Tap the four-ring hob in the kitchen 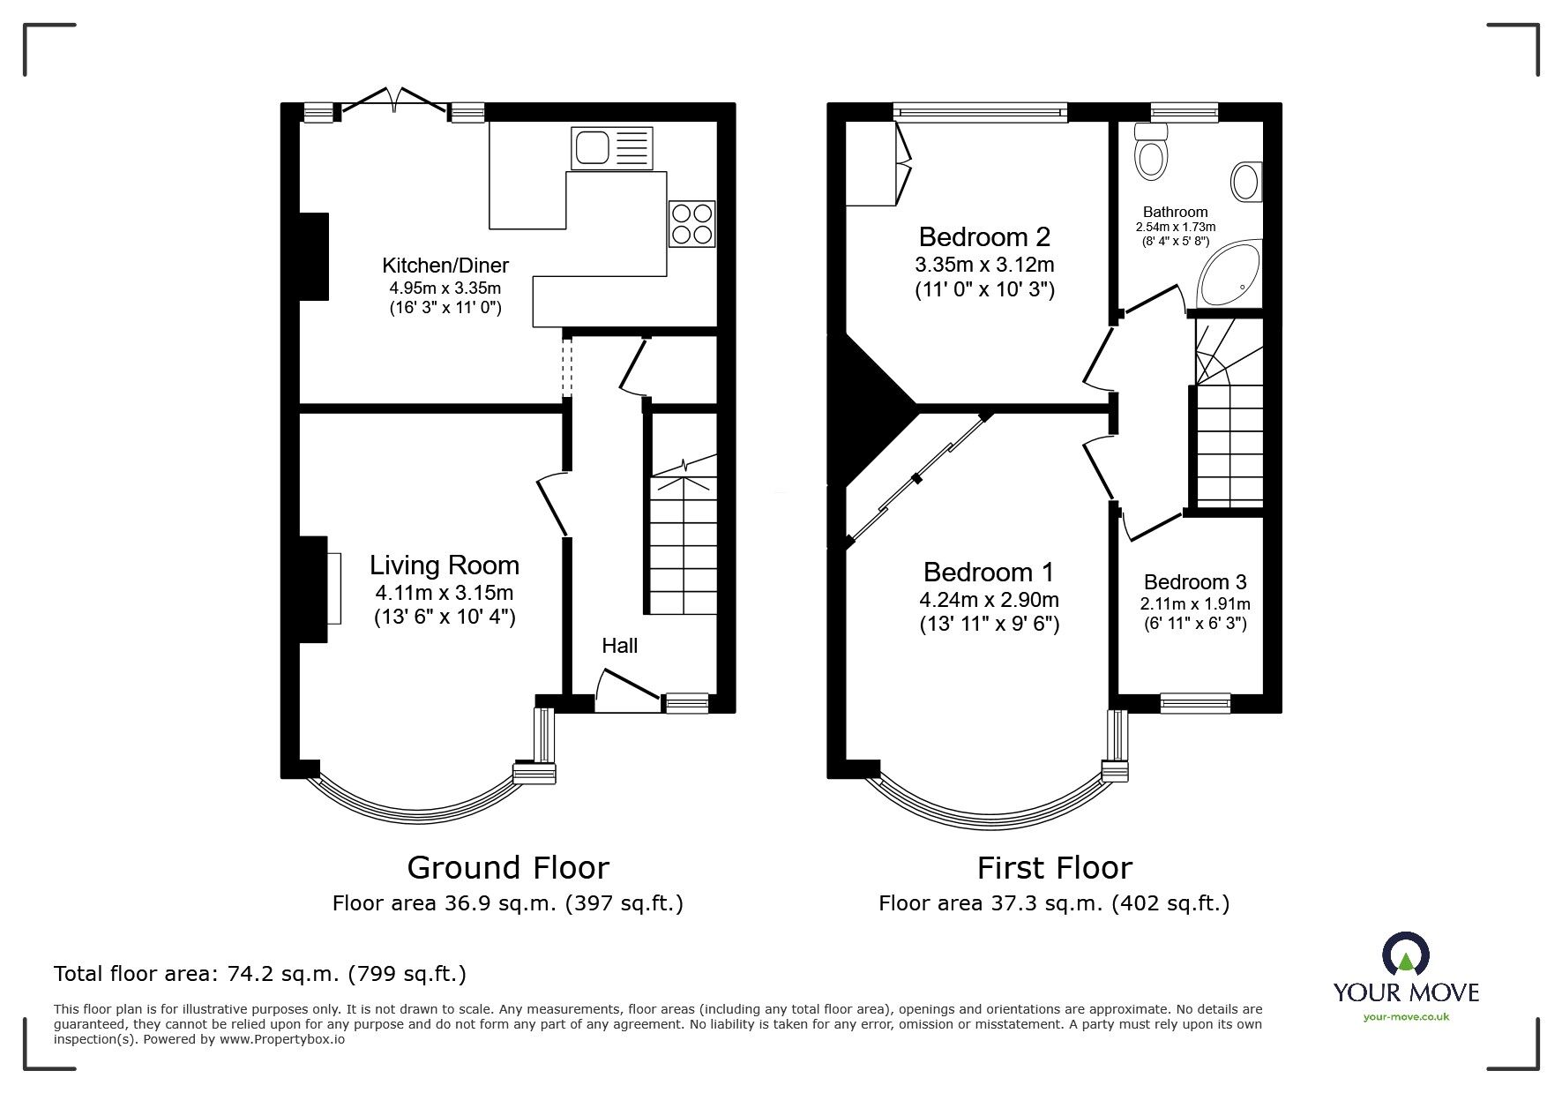click(x=691, y=224)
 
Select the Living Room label click(x=444, y=565)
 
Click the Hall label click(x=619, y=646)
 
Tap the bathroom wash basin click(x=1245, y=182)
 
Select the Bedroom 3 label click(x=1194, y=582)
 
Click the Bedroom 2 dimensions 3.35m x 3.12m click(x=984, y=265)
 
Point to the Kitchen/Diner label click(x=445, y=265)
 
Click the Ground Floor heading click(x=507, y=868)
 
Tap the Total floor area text click(x=260, y=974)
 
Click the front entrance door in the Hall click(x=628, y=690)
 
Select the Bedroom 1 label click(x=989, y=573)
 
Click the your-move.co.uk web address click(x=1405, y=1017)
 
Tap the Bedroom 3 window click(x=1195, y=703)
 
